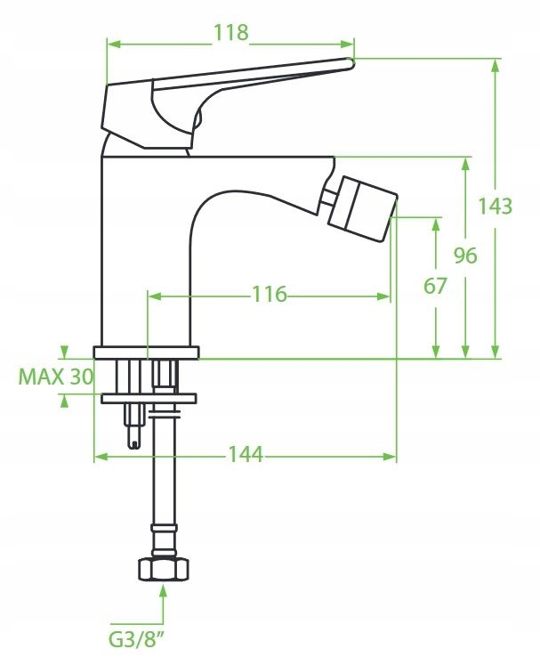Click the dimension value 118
click(230, 33)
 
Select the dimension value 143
click(495, 207)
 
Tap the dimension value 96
click(465, 255)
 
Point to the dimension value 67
click(435, 286)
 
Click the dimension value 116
click(270, 294)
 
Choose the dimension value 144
click(246, 454)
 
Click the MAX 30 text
click(55, 377)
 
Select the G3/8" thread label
click(136, 640)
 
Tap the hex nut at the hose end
click(163, 570)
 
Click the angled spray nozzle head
click(363, 209)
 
